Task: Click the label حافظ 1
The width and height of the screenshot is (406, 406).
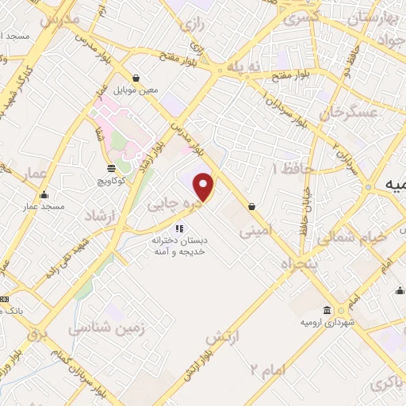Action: point(294,169)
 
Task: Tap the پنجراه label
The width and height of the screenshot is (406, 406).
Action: point(301,259)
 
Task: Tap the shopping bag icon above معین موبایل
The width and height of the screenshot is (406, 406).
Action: point(137,78)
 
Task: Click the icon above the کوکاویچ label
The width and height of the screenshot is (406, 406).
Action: point(110,167)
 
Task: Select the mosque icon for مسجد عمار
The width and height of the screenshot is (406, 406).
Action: point(44,195)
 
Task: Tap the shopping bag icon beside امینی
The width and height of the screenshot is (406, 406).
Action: point(251,206)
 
